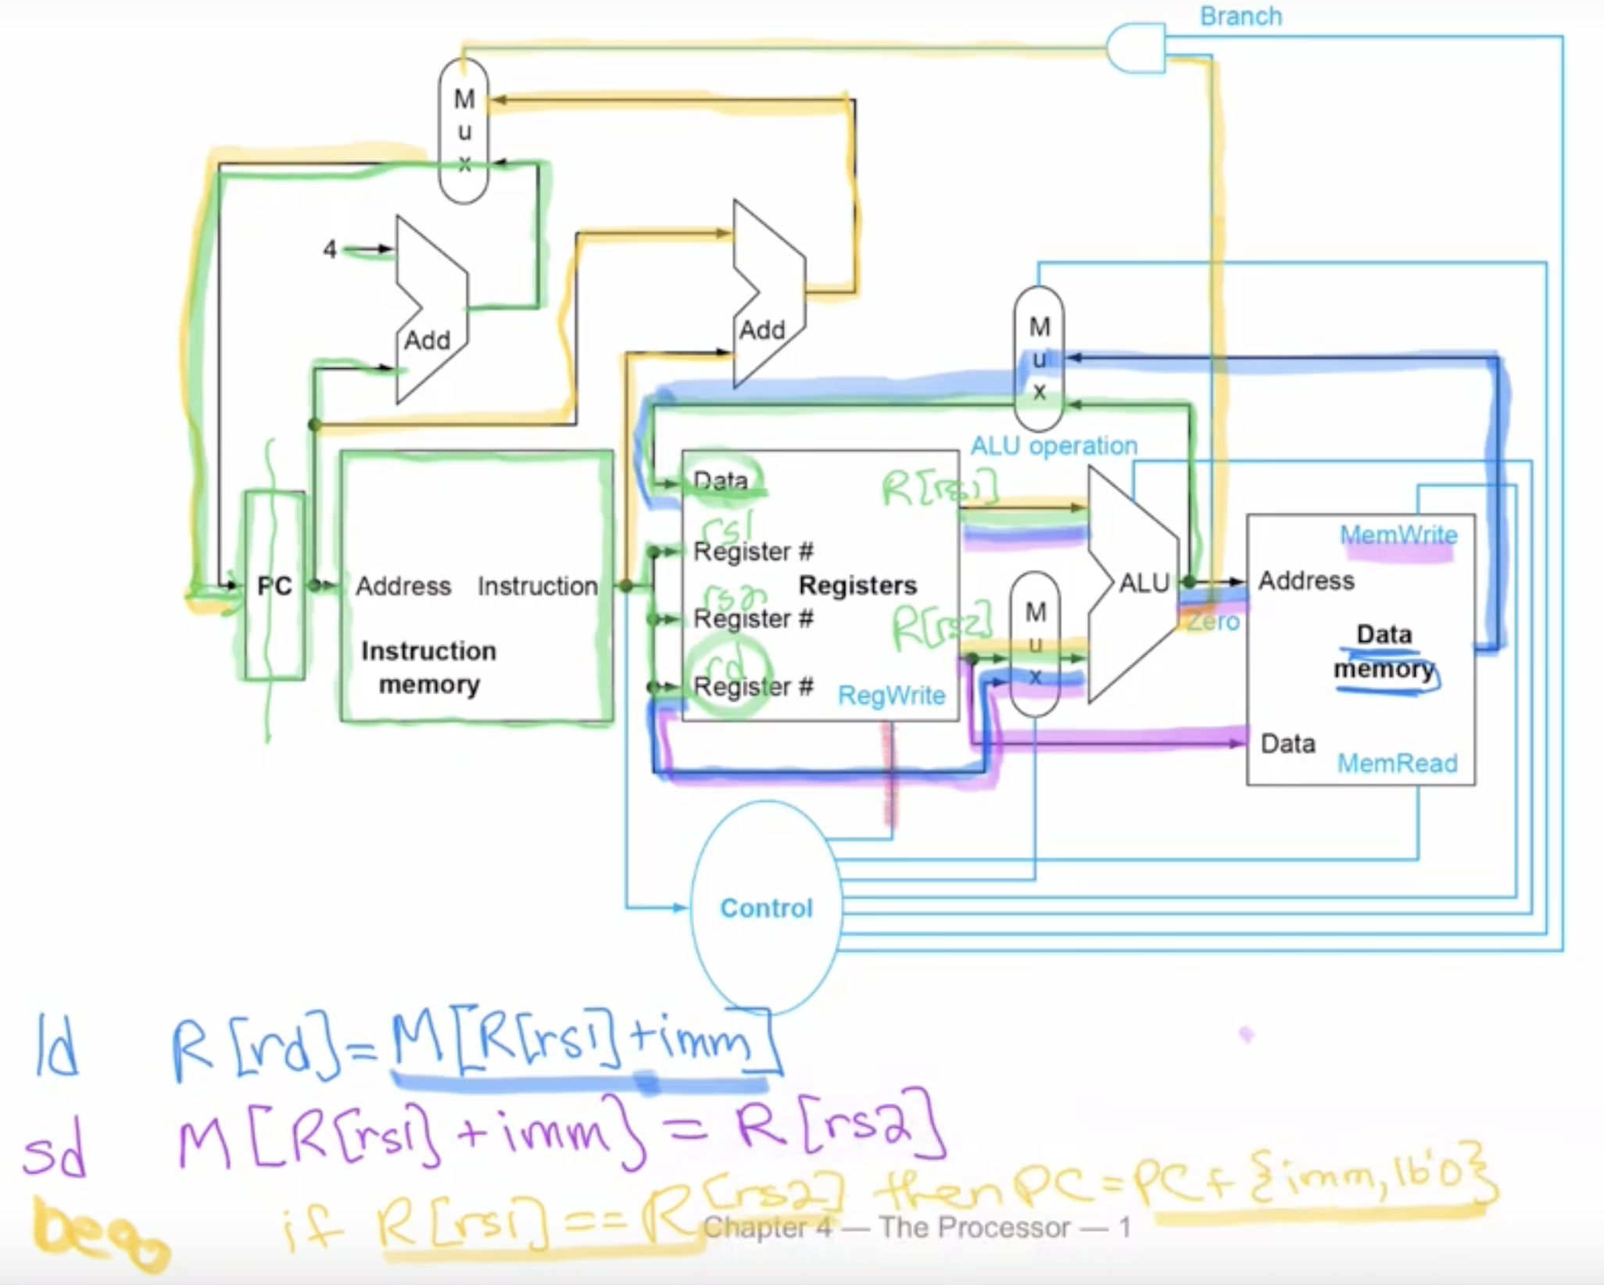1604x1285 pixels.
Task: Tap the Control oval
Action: [766, 907]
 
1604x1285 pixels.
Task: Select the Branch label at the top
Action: [1241, 16]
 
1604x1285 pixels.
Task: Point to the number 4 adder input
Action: [330, 249]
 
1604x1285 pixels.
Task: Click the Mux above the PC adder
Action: [464, 131]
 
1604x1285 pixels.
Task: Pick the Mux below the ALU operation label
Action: [1039, 359]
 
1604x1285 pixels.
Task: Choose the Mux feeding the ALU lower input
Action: [1035, 644]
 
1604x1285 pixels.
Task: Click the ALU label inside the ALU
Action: [1144, 583]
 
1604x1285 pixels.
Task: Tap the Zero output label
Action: [1213, 622]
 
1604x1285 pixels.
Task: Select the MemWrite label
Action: [1398, 535]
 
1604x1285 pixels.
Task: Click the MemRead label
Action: [1397, 763]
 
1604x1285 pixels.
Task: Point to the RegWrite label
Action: [891, 695]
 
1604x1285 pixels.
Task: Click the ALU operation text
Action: [1054, 446]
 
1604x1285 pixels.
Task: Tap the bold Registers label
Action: [857, 585]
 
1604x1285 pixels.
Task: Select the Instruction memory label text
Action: [428, 668]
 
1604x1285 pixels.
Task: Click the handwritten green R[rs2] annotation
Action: [941, 625]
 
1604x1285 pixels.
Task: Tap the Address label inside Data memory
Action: [1306, 581]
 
